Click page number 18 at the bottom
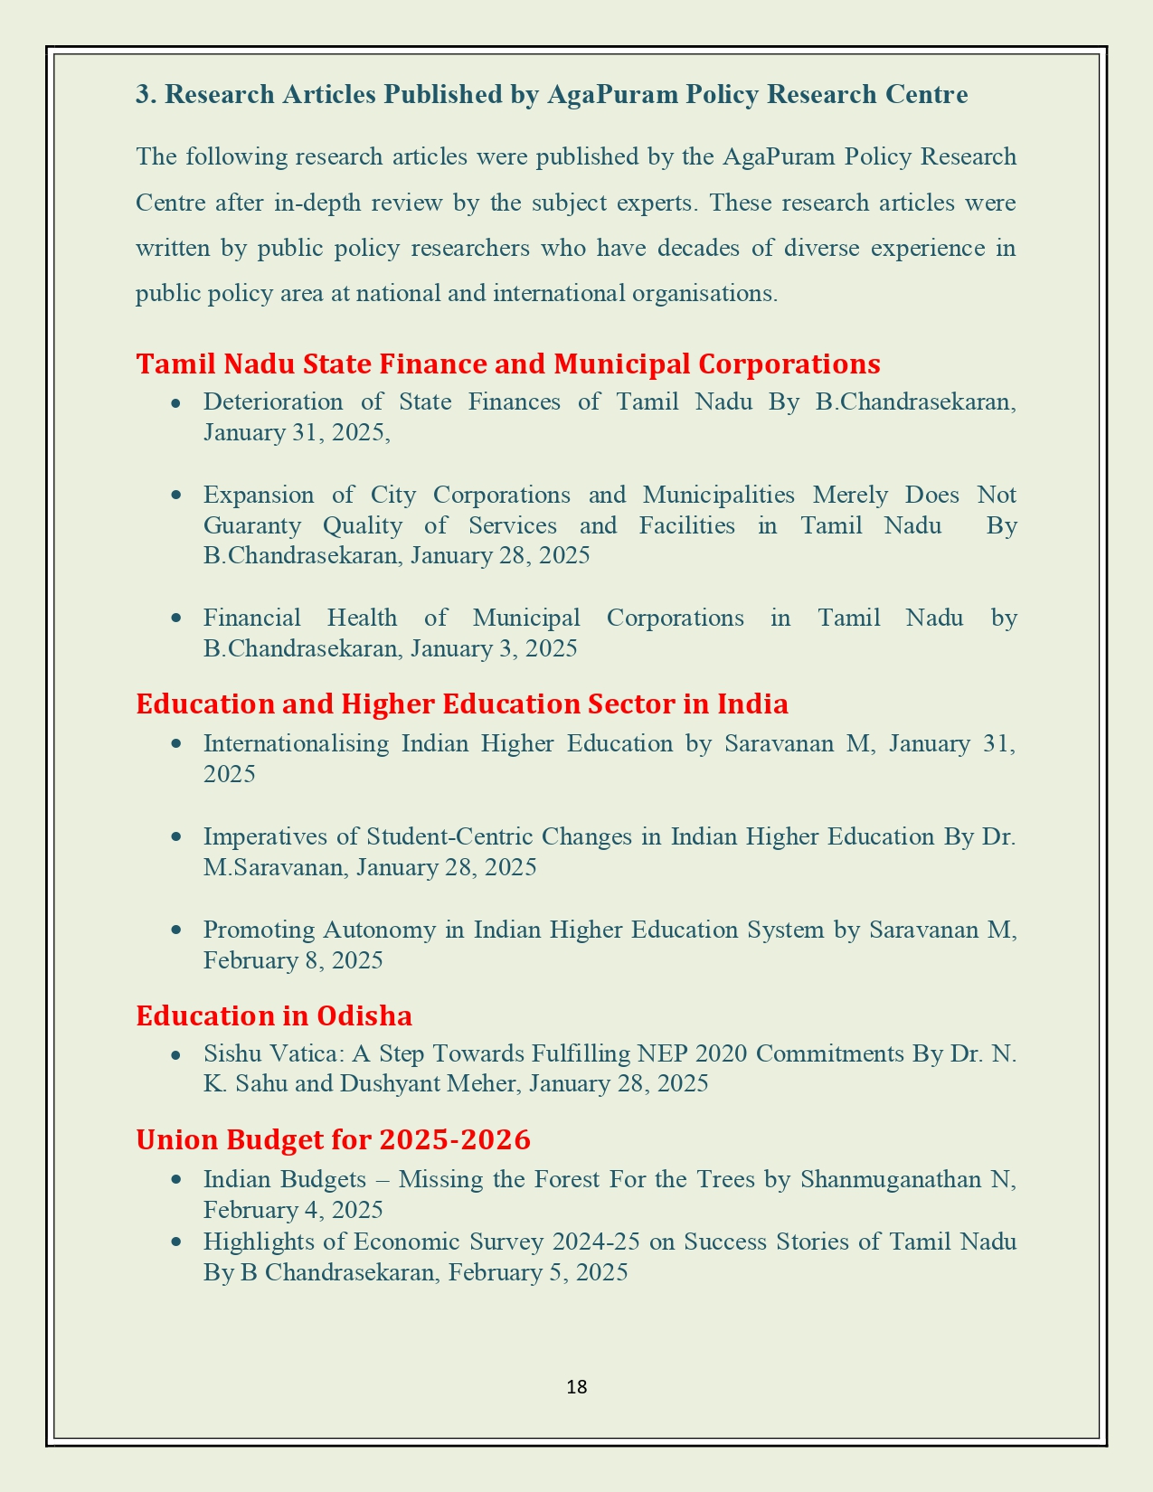[x=577, y=1386]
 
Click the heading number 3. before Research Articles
[x=146, y=95]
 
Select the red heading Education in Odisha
[x=274, y=1015]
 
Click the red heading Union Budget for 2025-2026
[x=333, y=1139]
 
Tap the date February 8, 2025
[x=293, y=960]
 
